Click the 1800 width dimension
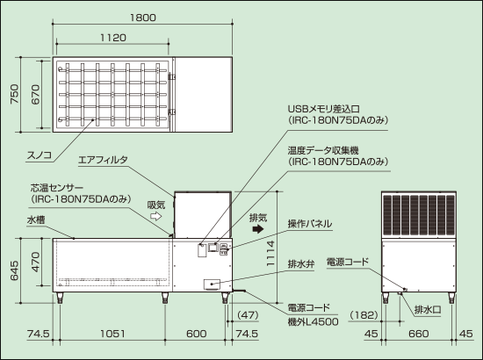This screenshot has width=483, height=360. (x=142, y=18)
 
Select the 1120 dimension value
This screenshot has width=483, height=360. (x=113, y=38)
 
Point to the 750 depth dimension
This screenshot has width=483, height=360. (x=14, y=94)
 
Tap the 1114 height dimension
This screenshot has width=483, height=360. (x=270, y=254)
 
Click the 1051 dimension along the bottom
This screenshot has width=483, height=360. (x=112, y=334)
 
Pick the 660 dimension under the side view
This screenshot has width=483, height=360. (x=419, y=334)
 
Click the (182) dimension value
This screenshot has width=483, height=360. (x=364, y=315)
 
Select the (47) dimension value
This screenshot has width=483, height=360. (x=248, y=315)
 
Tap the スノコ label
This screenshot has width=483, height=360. (x=40, y=155)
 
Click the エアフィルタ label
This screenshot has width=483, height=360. (x=103, y=160)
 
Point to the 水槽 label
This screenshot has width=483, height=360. (x=36, y=220)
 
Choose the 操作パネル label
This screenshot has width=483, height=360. (x=310, y=224)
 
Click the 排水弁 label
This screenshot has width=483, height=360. (x=301, y=264)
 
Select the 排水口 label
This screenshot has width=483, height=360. (x=428, y=309)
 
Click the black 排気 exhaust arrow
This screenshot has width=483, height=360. (x=258, y=229)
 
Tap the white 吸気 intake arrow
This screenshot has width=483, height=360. (x=156, y=216)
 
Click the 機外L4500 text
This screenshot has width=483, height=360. (x=313, y=322)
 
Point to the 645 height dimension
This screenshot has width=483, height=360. (x=14, y=271)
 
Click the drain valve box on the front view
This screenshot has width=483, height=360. (x=212, y=284)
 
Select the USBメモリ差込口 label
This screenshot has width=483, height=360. (x=323, y=109)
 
